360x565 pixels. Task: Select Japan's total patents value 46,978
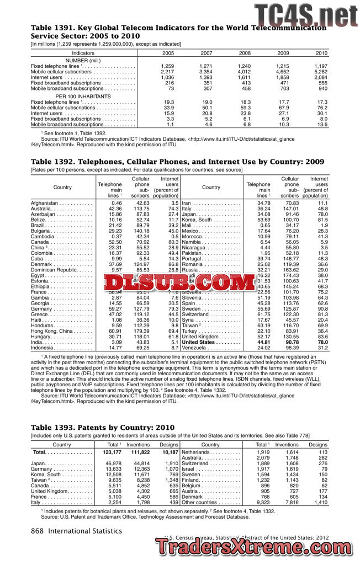[113, 463]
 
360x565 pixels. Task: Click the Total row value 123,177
[112, 452]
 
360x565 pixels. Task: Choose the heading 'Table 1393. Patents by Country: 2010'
[103, 428]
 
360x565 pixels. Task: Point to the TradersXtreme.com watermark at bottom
[256, 550]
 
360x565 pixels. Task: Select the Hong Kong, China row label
[53, 331]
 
